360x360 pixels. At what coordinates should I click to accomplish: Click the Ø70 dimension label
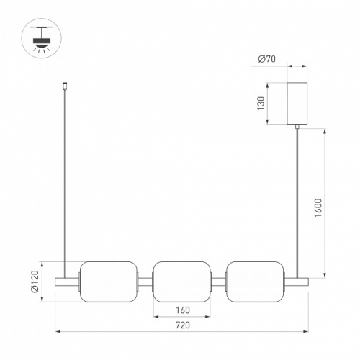click(x=266, y=59)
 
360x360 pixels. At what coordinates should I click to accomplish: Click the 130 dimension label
click(x=261, y=104)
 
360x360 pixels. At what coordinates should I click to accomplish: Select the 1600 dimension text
click(x=318, y=208)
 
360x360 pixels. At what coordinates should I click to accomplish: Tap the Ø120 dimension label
click(x=35, y=282)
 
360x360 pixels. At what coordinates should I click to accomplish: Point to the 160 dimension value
click(x=183, y=310)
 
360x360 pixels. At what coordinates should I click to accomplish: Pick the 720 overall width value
click(x=183, y=325)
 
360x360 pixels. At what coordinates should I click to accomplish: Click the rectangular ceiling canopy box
click(x=297, y=103)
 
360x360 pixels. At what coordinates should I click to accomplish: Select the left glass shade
click(x=109, y=282)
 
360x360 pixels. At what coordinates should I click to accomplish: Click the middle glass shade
click(x=182, y=282)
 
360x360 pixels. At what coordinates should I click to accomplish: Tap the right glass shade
click(x=255, y=282)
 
